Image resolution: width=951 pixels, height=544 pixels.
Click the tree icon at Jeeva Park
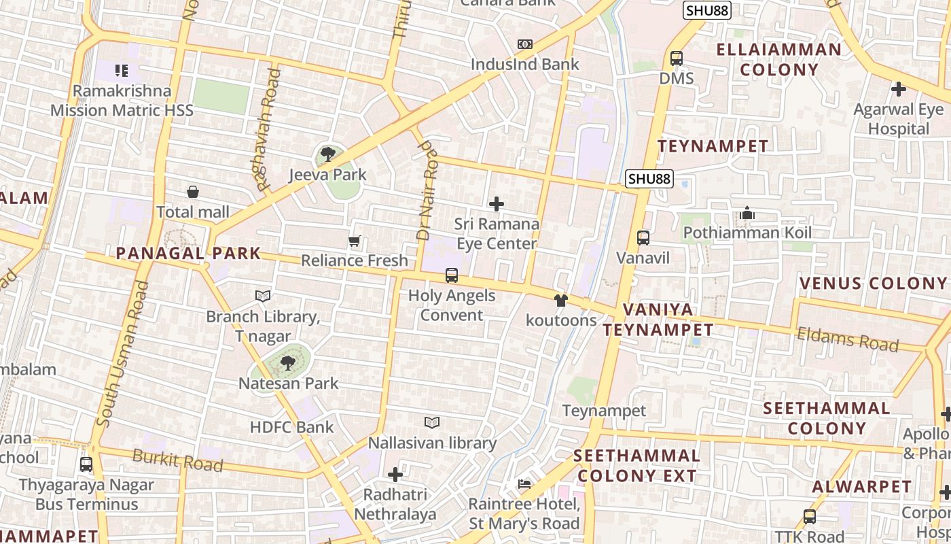point(328,154)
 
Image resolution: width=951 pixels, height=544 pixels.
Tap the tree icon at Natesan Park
point(288,362)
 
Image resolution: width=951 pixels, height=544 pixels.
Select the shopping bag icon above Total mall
point(193,192)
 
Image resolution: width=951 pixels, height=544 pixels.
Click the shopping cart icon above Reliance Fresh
point(354,241)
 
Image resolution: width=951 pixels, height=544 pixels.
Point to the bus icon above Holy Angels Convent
point(452,275)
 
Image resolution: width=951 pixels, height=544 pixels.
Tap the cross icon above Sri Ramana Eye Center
point(497,203)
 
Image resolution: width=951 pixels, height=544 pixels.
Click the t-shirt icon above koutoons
point(561,300)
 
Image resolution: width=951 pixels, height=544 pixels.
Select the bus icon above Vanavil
point(643,238)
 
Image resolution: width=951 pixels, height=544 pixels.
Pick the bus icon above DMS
point(677,58)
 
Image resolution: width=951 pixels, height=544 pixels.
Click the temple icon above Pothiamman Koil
point(747,214)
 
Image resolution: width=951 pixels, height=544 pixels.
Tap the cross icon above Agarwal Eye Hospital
point(899,89)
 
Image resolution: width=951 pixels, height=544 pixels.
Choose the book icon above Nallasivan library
point(432,423)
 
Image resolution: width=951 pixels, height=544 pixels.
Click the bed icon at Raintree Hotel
point(524,484)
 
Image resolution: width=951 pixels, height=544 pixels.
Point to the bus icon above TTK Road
point(810,516)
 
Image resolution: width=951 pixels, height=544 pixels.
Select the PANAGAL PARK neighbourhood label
point(188,254)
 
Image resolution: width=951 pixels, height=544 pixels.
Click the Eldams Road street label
point(847,339)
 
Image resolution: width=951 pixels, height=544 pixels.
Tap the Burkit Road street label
point(177,460)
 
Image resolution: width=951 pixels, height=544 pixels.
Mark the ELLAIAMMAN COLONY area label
point(779,59)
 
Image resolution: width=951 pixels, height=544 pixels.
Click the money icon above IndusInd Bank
point(525,44)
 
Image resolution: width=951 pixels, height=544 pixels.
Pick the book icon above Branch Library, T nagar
point(263,296)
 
